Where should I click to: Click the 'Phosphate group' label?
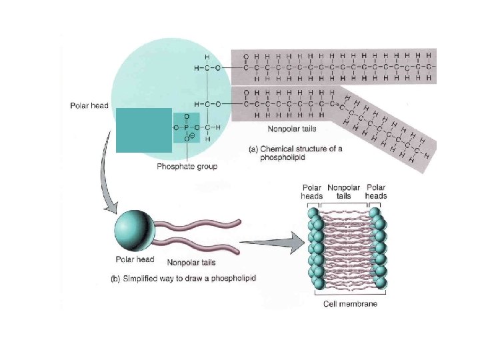tap(187, 166)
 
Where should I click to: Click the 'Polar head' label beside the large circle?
tap(89, 105)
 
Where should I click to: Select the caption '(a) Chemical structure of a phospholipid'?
tap(295, 153)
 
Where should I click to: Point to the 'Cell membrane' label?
tap(349, 303)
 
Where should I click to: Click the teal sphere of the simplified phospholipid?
tap(134, 230)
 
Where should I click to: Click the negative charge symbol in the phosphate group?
tap(191, 136)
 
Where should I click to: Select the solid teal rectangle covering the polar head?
tap(143, 130)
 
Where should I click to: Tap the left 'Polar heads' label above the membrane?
tap(312, 192)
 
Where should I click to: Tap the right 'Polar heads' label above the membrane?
tap(376, 192)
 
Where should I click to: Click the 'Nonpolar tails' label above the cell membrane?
tap(344, 192)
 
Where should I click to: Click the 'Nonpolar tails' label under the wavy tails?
tap(192, 262)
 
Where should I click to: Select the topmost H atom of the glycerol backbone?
tap(207, 57)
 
